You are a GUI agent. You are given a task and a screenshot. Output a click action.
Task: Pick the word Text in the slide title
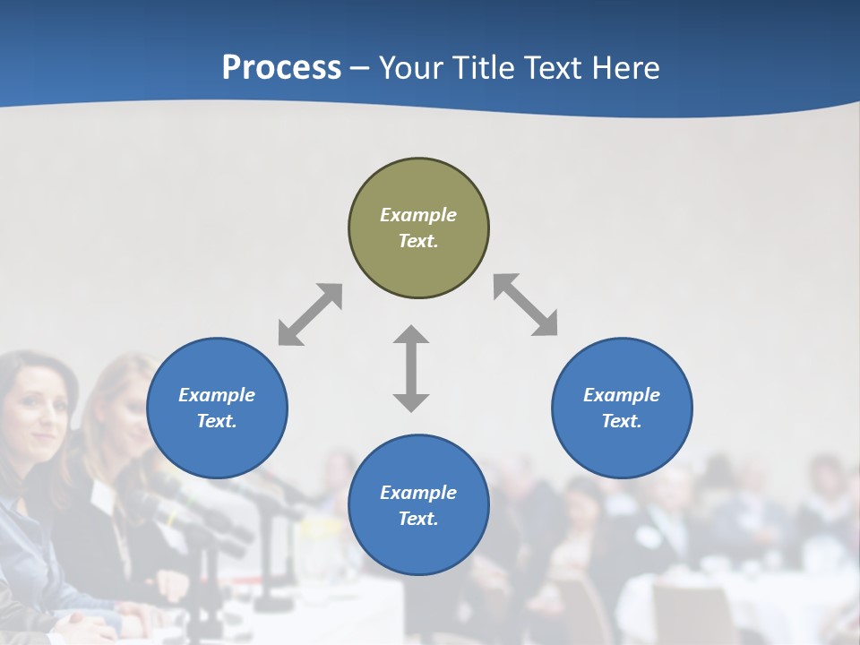(x=555, y=69)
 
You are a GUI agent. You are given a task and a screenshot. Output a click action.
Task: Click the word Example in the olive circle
(x=418, y=215)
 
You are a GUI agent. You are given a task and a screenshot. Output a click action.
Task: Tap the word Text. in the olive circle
(x=418, y=241)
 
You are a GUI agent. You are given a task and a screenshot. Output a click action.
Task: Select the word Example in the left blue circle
(x=217, y=395)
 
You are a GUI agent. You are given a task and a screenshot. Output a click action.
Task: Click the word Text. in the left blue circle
(x=217, y=421)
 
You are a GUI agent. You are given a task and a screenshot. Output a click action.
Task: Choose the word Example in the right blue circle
(x=622, y=395)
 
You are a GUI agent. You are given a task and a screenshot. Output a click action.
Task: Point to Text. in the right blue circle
(x=622, y=421)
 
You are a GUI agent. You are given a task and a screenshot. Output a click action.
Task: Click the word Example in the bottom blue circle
(x=418, y=493)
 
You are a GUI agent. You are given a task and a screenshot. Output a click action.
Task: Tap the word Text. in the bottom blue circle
(x=418, y=519)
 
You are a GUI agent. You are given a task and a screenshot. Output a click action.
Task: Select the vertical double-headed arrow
(x=411, y=368)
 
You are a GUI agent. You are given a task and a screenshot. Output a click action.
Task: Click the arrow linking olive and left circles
(x=310, y=314)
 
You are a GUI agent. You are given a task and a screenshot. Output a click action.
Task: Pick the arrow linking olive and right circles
(x=526, y=305)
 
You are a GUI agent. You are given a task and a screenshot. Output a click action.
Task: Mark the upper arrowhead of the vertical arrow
(x=411, y=336)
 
